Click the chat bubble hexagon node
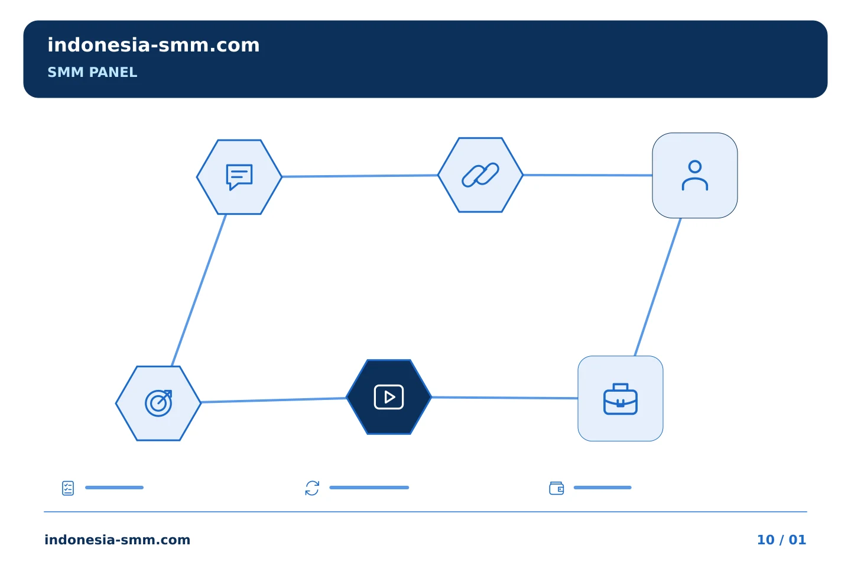click(x=239, y=177)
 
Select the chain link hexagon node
click(x=480, y=175)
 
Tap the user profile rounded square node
click(x=695, y=175)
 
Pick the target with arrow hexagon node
click(x=158, y=404)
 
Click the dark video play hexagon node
click(x=389, y=397)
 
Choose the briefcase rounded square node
click(x=621, y=398)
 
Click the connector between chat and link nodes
click(x=360, y=176)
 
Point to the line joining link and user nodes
click(x=587, y=175)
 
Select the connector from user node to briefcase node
click(x=658, y=287)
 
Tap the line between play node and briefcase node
click(x=505, y=398)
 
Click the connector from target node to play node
click(x=274, y=400)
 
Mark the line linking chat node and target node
click(x=199, y=291)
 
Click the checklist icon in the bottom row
click(x=68, y=488)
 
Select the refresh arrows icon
click(x=312, y=488)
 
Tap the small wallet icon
click(x=557, y=488)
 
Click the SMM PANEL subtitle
click(x=92, y=72)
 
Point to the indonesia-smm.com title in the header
click(x=154, y=45)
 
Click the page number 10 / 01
click(x=781, y=540)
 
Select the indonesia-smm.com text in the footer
click(x=118, y=540)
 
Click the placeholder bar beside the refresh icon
click(x=369, y=488)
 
